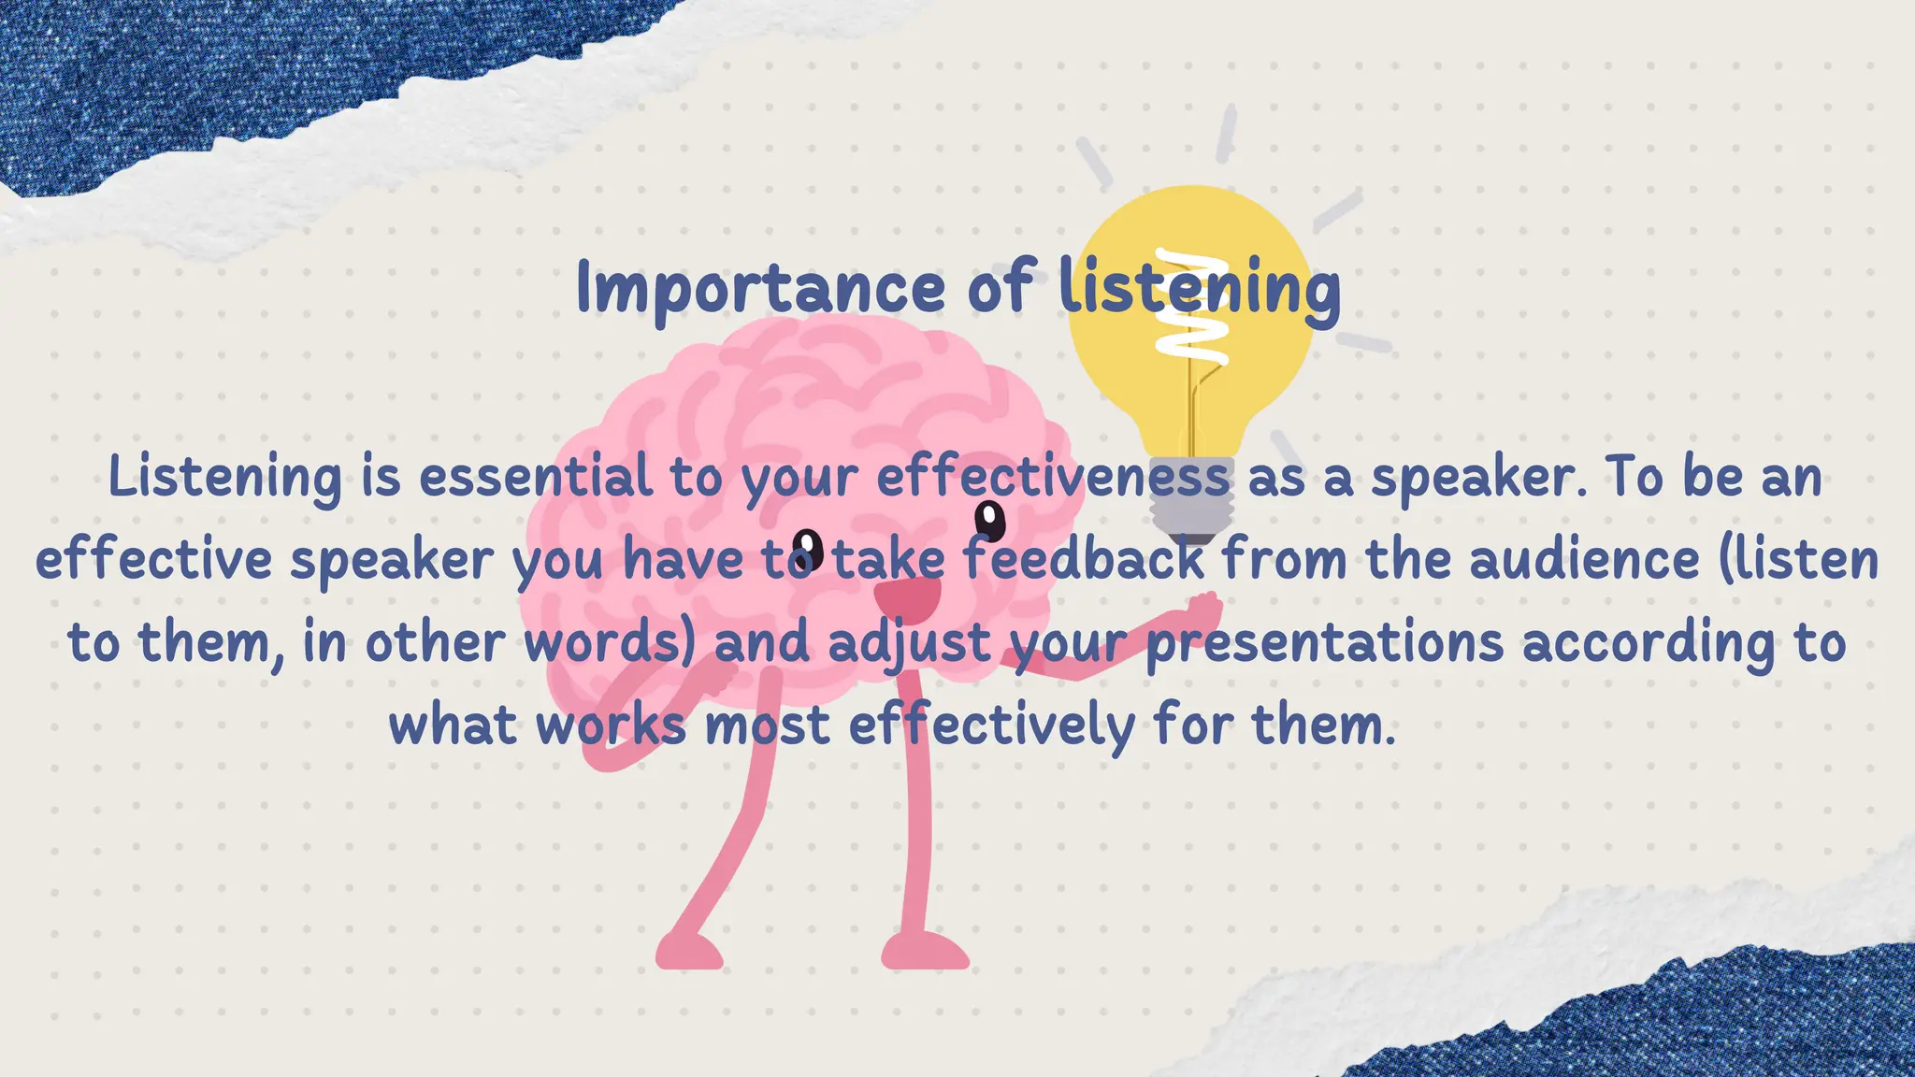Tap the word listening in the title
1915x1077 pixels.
(1200, 288)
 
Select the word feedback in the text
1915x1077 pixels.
(1084, 559)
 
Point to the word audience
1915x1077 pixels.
(1584, 559)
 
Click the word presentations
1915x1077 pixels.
(1326, 642)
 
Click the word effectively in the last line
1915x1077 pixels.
(991, 725)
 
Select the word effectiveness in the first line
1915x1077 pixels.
(1053, 477)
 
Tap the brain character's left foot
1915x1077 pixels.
(689, 952)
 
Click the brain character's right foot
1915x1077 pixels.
(925, 952)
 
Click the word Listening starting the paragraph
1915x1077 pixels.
(225, 477)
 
